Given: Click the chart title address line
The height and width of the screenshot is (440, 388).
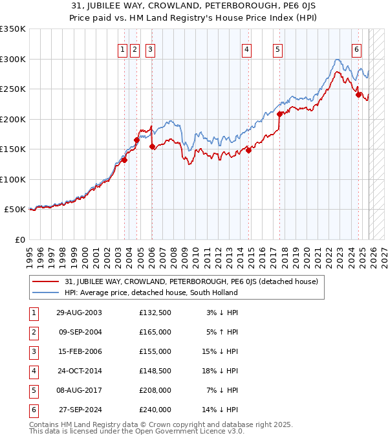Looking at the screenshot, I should [193, 6].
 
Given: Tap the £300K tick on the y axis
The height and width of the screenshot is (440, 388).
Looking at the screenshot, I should [13, 59].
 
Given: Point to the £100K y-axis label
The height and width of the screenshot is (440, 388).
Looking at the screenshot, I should [13, 179].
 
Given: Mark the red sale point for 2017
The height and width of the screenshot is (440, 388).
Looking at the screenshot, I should [279, 114].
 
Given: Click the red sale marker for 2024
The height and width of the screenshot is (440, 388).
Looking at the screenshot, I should [358, 94].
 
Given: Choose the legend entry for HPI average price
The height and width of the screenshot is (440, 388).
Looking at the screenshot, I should [151, 292].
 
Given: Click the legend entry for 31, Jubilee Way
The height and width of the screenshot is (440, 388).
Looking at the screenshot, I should [191, 282].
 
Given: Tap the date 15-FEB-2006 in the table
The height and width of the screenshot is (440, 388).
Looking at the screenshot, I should [79, 351].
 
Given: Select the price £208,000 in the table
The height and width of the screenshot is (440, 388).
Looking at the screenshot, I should [155, 390].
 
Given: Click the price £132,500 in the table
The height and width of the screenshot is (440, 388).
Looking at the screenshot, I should [155, 313].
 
